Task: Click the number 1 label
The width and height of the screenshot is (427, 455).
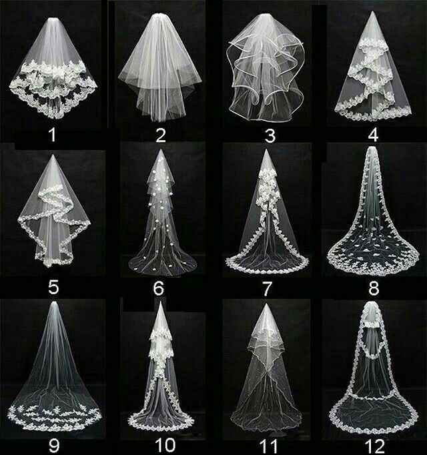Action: point(52,135)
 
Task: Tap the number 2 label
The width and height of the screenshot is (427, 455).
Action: point(161,135)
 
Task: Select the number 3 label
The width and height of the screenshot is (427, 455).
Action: point(270,135)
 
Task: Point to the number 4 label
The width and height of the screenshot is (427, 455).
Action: point(373,135)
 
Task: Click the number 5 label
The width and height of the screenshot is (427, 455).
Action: point(53,288)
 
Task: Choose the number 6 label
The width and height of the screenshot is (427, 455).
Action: point(159,288)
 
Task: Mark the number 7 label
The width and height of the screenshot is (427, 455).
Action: point(267,288)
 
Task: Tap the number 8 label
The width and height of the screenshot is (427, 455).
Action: point(374,288)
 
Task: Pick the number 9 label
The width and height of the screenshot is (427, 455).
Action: point(54,444)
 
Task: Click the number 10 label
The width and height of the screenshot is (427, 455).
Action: point(165,445)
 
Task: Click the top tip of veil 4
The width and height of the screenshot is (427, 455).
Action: point(372,12)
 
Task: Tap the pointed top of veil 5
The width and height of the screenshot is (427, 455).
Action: point(53,155)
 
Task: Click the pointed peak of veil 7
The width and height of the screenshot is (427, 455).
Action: point(266,150)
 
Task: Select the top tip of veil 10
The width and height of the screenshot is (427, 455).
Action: point(161,302)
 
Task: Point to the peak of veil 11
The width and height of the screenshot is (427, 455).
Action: point(266,304)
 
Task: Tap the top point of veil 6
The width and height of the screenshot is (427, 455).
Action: point(161,150)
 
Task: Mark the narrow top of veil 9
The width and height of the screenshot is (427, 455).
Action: point(54,303)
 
